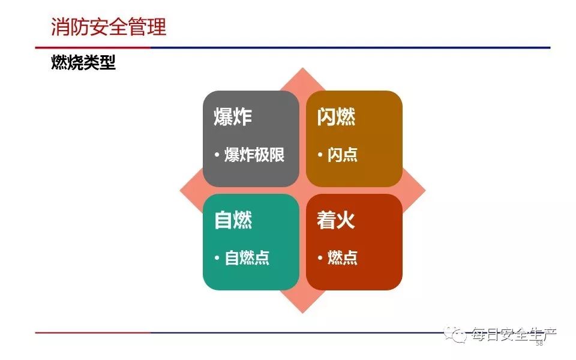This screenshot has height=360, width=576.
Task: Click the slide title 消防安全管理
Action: (109, 27)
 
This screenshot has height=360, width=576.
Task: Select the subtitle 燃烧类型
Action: (83, 62)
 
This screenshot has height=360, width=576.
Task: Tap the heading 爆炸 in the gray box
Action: (233, 117)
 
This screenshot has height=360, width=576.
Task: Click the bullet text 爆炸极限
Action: (254, 155)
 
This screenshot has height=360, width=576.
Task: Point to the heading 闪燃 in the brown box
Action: (336, 117)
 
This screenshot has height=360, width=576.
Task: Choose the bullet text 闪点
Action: (343, 155)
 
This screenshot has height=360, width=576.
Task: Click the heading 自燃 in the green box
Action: (233, 220)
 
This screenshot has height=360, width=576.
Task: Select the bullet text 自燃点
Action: (247, 257)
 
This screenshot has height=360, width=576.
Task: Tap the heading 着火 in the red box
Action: (336, 220)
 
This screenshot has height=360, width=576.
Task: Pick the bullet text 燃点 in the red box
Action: (343, 257)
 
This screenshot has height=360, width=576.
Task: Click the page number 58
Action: (539, 343)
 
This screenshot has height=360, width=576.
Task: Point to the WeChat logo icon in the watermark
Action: (455, 334)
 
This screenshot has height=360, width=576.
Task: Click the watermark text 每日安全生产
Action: (514, 334)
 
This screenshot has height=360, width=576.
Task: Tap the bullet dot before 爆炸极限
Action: (217, 155)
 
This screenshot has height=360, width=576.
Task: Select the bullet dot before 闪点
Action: (320, 155)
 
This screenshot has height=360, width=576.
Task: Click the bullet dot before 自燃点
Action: (217, 258)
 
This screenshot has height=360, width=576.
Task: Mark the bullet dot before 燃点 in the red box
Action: (320, 258)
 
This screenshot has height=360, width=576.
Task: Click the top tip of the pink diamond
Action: (302, 68)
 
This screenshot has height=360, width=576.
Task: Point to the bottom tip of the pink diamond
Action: (302, 313)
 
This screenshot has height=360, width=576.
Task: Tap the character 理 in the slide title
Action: (157, 27)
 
